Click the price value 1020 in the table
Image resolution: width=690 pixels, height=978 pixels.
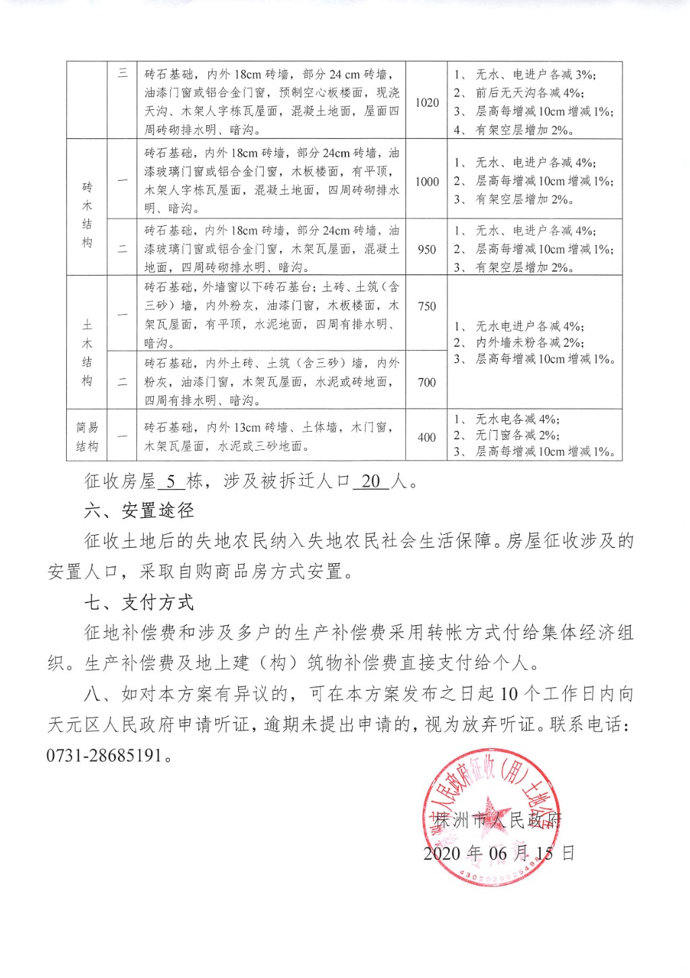pyautogui.click(x=427, y=103)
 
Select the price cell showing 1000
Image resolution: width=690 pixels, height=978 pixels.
pyautogui.click(x=427, y=181)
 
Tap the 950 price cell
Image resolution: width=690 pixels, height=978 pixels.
pyautogui.click(x=427, y=249)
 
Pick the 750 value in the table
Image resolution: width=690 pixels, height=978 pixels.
pyautogui.click(x=427, y=306)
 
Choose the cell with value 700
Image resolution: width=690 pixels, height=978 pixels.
pyautogui.click(x=427, y=382)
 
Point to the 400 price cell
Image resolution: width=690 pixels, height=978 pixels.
pyautogui.click(x=427, y=437)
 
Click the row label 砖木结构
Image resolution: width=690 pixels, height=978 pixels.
pyautogui.click(x=87, y=214)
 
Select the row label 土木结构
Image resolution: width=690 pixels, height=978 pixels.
pyautogui.click(x=87, y=353)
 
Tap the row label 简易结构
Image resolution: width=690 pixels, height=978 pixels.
pyautogui.click(x=87, y=436)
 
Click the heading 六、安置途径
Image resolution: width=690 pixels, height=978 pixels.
pyautogui.click(x=140, y=511)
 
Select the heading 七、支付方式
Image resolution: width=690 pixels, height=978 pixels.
pyautogui.click(x=140, y=602)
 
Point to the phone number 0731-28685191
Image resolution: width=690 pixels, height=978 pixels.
pyautogui.click(x=105, y=755)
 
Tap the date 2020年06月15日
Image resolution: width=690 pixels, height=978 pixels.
pyautogui.click(x=499, y=853)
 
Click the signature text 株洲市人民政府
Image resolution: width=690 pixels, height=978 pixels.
pyautogui.click(x=498, y=820)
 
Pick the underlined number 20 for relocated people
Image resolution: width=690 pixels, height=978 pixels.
pyautogui.click(x=371, y=481)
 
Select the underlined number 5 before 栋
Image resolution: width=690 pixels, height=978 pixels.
pyautogui.click(x=171, y=481)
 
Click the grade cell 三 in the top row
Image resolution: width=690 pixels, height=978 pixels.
pyautogui.click(x=123, y=73)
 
